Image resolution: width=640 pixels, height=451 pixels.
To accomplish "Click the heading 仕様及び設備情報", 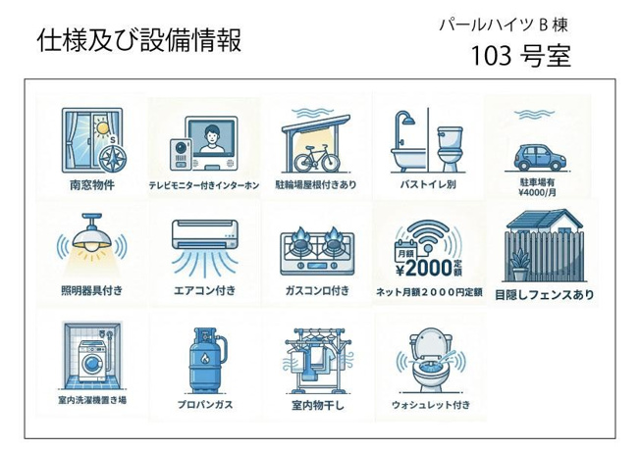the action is click(139, 40).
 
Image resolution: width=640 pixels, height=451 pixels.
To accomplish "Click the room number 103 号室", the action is click(520, 56).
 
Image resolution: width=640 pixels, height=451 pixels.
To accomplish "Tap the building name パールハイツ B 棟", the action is click(504, 25).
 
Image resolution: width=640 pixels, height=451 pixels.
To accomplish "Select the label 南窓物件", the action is click(92, 184).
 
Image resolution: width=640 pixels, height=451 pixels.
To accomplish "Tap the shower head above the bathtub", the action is click(407, 120).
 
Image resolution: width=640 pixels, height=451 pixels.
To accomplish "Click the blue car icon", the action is click(538, 158).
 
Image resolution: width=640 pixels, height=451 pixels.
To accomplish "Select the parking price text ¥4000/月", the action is click(537, 192).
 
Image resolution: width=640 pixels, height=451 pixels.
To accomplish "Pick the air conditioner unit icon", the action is click(205, 234).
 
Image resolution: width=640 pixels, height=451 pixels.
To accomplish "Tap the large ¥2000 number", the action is click(424, 268).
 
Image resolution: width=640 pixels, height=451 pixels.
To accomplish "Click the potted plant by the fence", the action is click(519, 266).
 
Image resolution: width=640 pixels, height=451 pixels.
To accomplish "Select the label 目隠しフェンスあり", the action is click(544, 294).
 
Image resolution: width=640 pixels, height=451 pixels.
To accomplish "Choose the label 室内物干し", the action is click(318, 405).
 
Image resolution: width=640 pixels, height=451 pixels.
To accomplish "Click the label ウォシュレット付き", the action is click(431, 405).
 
